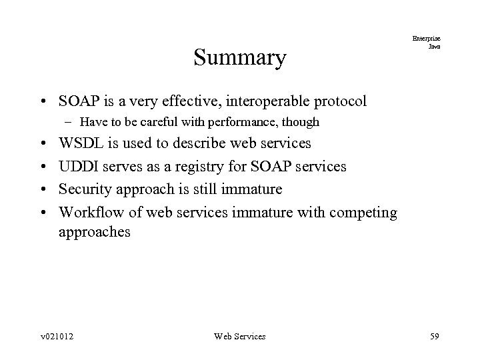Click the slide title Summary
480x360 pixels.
[239, 58]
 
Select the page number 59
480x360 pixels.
[435, 337]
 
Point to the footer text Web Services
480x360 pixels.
[239, 337]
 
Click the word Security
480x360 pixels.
[85, 189]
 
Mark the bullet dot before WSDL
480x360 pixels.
[43, 144]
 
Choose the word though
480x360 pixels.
[303, 122]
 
